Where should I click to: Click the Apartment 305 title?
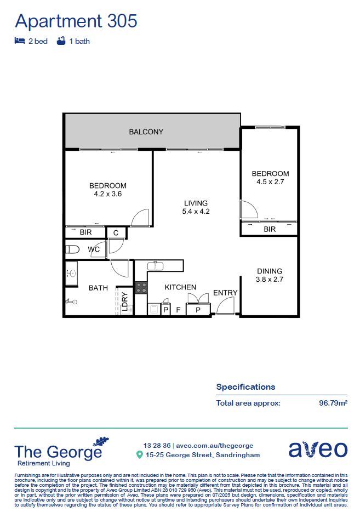point(76,21)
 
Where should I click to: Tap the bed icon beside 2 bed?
point(20,41)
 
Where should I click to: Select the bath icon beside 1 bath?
point(61,41)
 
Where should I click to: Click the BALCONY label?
point(146,132)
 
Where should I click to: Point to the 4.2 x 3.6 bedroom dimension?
point(108,194)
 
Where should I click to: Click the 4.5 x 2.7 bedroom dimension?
point(270,181)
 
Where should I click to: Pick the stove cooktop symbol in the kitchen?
point(141,287)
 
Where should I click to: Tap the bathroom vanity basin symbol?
point(71,272)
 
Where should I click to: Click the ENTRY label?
point(225,293)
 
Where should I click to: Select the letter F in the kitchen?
point(178,310)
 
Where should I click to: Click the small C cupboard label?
point(116,233)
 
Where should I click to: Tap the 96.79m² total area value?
point(333,403)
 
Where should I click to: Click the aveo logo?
point(318,450)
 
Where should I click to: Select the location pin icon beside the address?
point(140,455)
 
